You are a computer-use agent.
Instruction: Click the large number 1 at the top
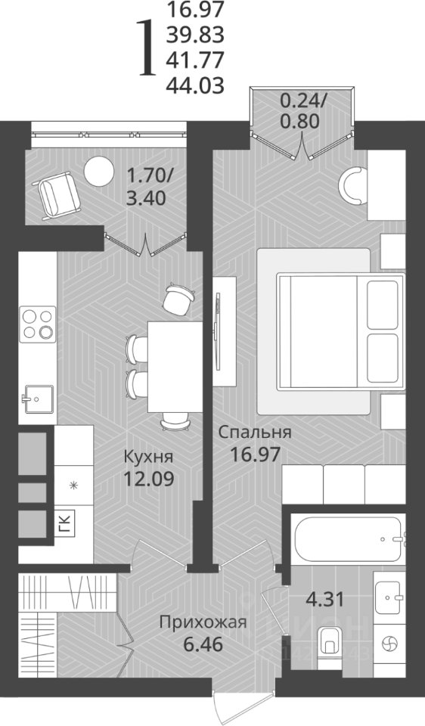click(147, 48)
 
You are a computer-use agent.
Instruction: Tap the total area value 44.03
click(195, 85)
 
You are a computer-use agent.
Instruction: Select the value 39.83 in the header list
click(195, 34)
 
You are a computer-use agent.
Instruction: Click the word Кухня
click(148, 458)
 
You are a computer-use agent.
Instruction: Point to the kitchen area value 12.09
click(149, 478)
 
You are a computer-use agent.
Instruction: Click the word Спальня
click(255, 433)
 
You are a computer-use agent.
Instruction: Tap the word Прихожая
click(203, 622)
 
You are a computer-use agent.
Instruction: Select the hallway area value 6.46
click(203, 644)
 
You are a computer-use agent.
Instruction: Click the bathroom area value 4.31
click(325, 600)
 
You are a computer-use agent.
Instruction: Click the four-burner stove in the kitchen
click(38, 324)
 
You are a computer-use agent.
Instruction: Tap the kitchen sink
click(38, 399)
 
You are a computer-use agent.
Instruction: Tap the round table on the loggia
click(98, 172)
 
